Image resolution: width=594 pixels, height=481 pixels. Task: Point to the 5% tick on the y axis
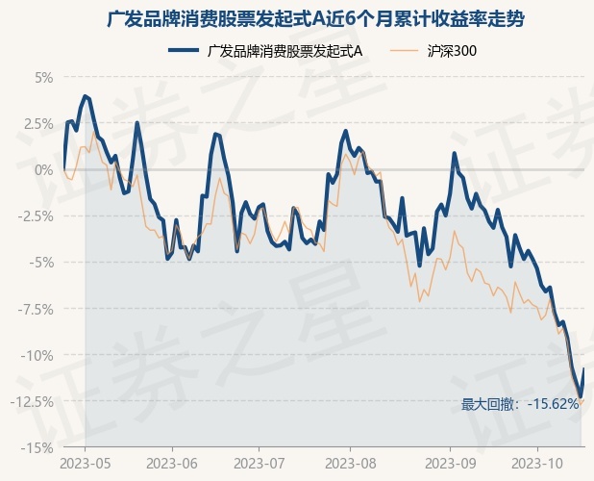click(42, 77)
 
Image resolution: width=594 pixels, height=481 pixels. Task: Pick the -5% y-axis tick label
click(40, 262)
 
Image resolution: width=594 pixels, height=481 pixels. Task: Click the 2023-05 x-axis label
click(85, 465)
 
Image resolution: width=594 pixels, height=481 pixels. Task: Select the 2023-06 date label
click(172, 465)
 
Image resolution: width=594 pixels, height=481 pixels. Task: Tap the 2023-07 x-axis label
click(260, 465)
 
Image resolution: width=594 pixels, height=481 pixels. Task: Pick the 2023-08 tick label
click(349, 465)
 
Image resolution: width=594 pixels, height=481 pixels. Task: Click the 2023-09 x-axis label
click(450, 465)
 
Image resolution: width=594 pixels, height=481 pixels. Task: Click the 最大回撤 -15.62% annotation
click(520, 404)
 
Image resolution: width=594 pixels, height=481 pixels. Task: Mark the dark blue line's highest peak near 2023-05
click(86, 96)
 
